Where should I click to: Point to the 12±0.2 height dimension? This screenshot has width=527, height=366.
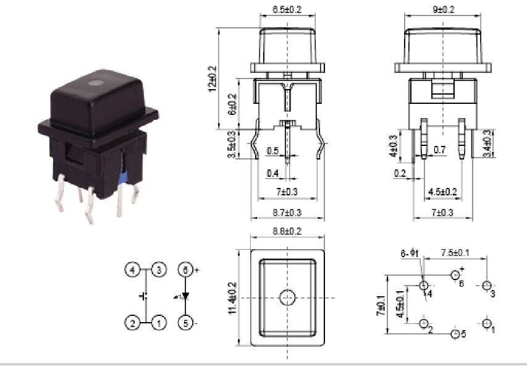point(213,79)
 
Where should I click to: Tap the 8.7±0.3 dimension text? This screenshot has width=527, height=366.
point(288,213)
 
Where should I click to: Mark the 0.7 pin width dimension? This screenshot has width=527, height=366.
point(439,150)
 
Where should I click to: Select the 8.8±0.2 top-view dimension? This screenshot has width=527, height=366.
point(287,231)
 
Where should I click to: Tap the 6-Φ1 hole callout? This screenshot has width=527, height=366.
point(411,253)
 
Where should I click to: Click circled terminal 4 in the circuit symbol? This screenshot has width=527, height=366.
point(132,270)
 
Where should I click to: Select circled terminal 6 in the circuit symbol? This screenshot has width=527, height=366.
point(184,270)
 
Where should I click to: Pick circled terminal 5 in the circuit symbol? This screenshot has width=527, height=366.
point(184,322)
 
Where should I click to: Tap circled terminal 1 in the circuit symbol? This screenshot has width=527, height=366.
point(159,322)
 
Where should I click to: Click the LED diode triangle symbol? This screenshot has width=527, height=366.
point(185,296)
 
